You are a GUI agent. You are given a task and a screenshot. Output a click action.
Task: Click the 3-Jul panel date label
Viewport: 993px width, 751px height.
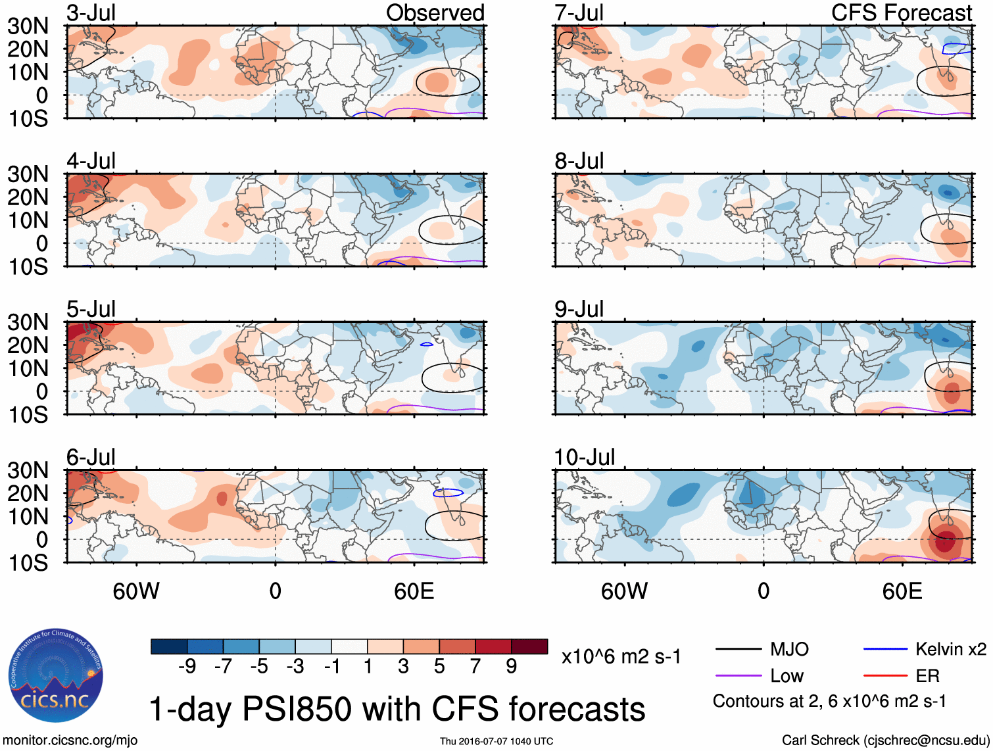point(91,13)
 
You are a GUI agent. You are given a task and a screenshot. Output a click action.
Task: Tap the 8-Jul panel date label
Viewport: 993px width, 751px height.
point(579,161)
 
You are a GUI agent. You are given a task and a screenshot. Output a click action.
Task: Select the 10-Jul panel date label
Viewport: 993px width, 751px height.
point(584,457)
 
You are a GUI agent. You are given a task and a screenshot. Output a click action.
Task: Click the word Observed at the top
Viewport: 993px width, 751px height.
point(435,13)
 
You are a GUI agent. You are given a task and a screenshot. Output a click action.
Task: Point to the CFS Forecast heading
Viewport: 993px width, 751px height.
point(901,13)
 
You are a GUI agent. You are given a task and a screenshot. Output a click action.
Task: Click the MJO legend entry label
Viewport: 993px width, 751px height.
point(789,650)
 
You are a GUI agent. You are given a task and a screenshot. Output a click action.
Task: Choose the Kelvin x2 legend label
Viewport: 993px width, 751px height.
point(950,650)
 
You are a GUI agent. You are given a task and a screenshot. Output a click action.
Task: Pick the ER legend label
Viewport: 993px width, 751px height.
point(927,676)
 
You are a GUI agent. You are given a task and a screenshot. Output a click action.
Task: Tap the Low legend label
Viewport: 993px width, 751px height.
point(787,676)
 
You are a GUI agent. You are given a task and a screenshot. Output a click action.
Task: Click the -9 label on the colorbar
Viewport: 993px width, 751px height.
point(187,667)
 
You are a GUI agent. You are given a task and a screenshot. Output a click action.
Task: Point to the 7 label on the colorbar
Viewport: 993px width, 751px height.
point(475,667)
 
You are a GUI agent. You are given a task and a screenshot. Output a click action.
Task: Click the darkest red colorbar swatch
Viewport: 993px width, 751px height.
point(529,646)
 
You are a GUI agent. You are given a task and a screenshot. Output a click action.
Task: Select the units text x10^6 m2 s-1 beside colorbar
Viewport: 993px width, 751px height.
point(621,656)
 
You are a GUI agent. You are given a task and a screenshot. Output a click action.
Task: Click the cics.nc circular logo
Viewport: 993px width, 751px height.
point(56,676)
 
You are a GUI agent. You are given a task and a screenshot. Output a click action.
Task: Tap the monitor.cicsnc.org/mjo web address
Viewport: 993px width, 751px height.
point(70,740)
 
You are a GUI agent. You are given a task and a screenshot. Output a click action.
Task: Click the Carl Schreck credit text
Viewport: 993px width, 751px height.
point(885,740)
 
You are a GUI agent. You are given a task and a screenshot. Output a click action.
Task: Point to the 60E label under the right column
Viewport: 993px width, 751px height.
point(902,591)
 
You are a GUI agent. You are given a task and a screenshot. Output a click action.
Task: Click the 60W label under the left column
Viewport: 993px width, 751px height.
point(136,591)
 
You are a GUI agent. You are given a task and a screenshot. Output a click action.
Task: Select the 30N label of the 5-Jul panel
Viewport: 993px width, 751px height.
point(28,322)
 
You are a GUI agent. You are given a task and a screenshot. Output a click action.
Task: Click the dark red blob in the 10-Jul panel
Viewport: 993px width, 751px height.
point(945,541)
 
